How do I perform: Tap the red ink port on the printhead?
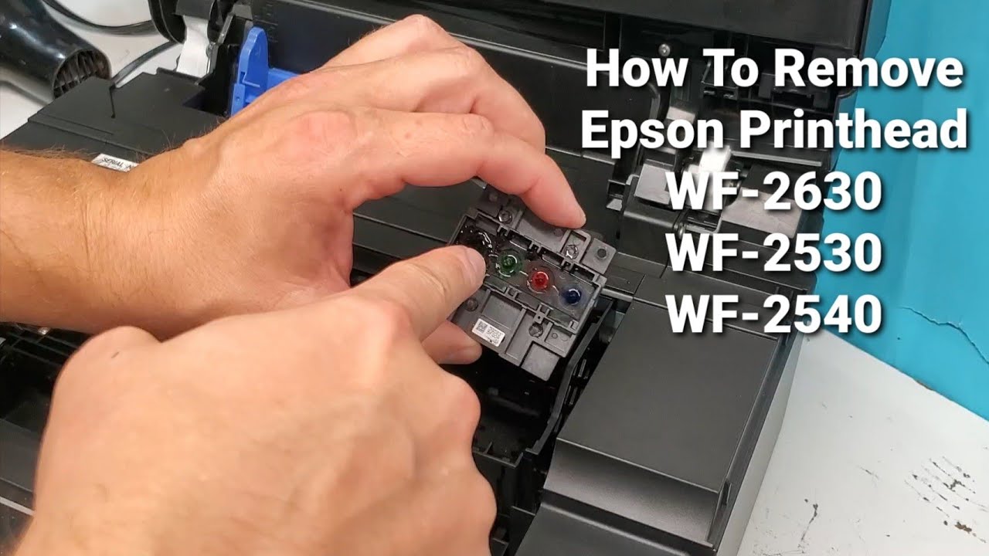click(538, 280)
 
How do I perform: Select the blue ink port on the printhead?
click(572, 295)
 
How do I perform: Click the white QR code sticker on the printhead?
click(488, 332)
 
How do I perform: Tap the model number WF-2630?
click(774, 192)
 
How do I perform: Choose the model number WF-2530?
click(774, 254)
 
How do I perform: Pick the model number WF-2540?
click(774, 315)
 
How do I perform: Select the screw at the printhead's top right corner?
click(573, 249)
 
